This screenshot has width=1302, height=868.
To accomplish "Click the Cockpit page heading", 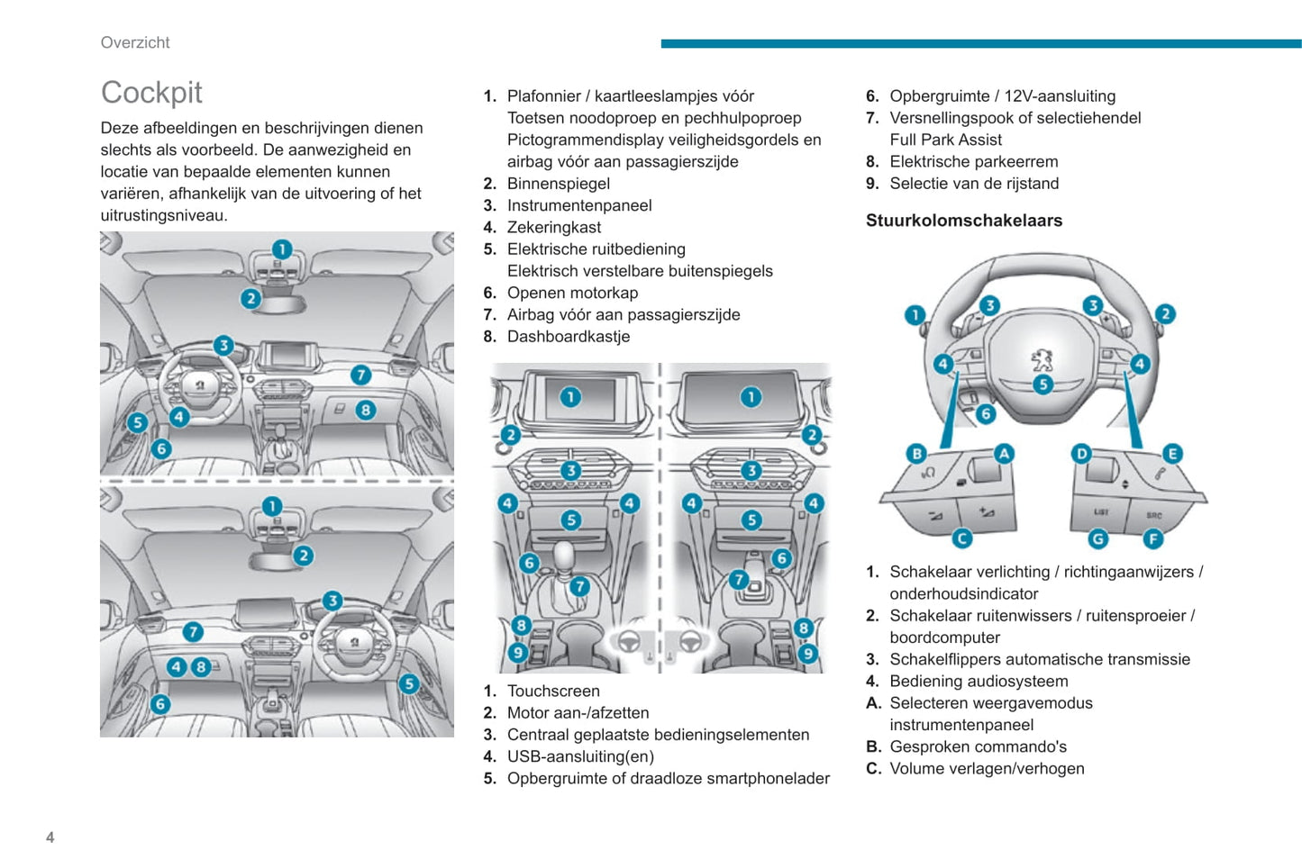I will click(x=151, y=92).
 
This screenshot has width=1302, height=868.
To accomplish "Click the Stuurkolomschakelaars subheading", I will click(x=963, y=221).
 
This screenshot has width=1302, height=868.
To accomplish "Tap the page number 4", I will click(x=50, y=837).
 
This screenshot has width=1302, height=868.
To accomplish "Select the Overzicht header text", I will click(x=135, y=42).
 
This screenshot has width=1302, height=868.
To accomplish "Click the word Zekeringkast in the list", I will click(x=553, y=227).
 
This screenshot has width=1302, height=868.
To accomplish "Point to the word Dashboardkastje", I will click(x=568, y=337).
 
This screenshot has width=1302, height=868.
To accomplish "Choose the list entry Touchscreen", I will click(x=552, y=691).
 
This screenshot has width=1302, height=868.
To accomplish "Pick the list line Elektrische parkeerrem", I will click(x=973, y=161).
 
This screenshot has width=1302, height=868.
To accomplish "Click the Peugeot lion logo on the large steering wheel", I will click(x=1042, y=360).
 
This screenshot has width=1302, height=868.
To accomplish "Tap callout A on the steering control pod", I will click(x=1004, y=453).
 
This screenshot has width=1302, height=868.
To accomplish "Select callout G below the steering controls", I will click(x=1097, y=538).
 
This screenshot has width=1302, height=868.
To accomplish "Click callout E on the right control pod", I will click(x=1172, y=453).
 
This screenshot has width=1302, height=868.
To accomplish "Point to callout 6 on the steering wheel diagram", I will click(x=986, y=413).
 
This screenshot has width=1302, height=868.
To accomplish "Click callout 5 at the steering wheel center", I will click(x=1043, y=384).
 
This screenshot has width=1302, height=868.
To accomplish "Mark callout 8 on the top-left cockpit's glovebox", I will click(x=365, y=411).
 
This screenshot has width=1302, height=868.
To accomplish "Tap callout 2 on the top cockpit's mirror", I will click(x=250, y=298).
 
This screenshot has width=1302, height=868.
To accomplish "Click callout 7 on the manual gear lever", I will click(x=579, y=586).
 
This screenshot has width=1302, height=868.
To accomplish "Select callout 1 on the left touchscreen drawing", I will click(x=569, y=397).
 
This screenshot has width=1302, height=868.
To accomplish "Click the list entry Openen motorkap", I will click(x=572, y=293).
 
